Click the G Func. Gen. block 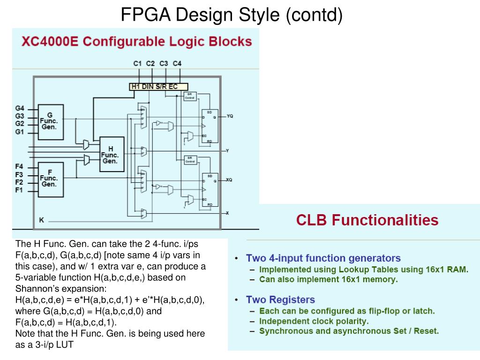click(50, 122)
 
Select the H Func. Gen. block click(111, 155)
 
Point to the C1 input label click(137, 63)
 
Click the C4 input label click(177, 63)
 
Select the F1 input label click(19, 190)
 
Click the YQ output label click(230, 116)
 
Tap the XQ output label click(229, 180)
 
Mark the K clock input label click(41, 220)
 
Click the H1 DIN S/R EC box click(158, 86)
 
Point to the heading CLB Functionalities click(367, 220)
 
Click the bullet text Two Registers click(280, 300)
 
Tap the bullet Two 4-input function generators click(323, 258)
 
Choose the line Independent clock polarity click(314, 321)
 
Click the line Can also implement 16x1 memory click(328, 279)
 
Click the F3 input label click(19, 174)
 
